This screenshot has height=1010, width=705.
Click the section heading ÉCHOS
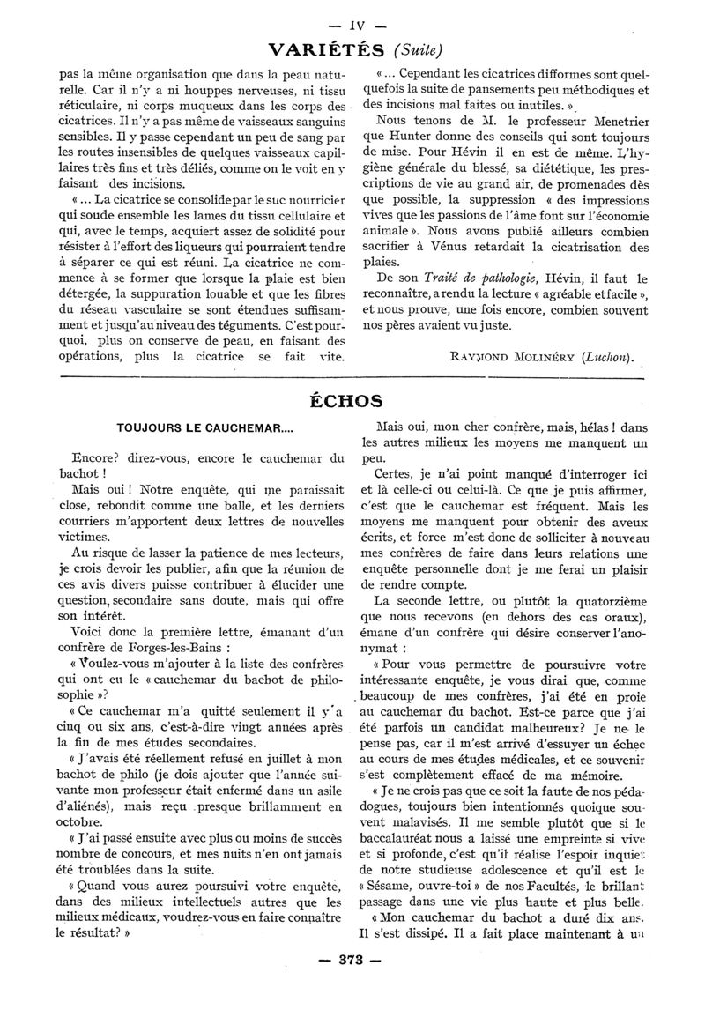point(352,400)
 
